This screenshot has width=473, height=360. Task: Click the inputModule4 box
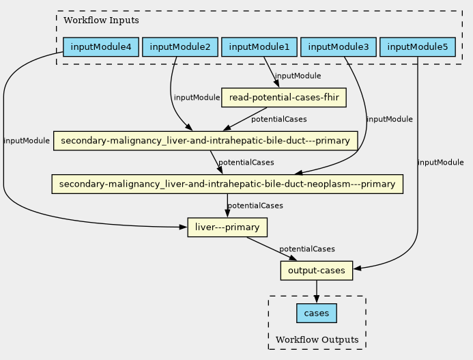pyautogui.click(x=101, y=47)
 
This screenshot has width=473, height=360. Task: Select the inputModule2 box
pyautogui.click(x=180, y=47)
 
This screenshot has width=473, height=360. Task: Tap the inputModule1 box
pyautogui.click(x=259, y=47)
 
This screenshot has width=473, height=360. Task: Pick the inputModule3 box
pyautogui.click(x=339, y=47)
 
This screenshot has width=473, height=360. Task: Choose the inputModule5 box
pyautogui.click(x=417, y=47)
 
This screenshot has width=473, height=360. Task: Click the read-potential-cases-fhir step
pyautogui.click(x=284, y=98)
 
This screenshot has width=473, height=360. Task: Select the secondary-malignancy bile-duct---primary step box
pyautogui.click(x=205, y=141)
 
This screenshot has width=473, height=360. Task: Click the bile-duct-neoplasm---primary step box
pyautogui.click(x=227, y=184)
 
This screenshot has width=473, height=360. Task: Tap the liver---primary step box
pyautogui.click(x=227, y=227)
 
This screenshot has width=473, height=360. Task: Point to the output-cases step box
pyautogui.click(x=317, y=271)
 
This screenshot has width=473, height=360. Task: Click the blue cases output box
pyautogui.click(x=317, y=314)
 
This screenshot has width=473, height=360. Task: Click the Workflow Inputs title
pyautogui.click(x=101, y=20)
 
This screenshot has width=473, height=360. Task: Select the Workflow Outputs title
pyautogui.click(x=317, y=340)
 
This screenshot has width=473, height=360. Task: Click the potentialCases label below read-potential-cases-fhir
pyautogui.click(x=278, y=119)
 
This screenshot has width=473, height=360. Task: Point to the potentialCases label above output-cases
pyautogui.click(x=306, y=249)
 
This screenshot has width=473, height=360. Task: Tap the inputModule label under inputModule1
pyautogui.click(x=297, y=76)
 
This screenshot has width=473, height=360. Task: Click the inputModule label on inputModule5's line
pyautogui.click(x=440, y=162)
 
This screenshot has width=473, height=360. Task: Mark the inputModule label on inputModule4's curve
pyautogui.click(x=27, y=141)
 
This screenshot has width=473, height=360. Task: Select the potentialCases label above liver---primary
pyautogui.click(x=255, y=205)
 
